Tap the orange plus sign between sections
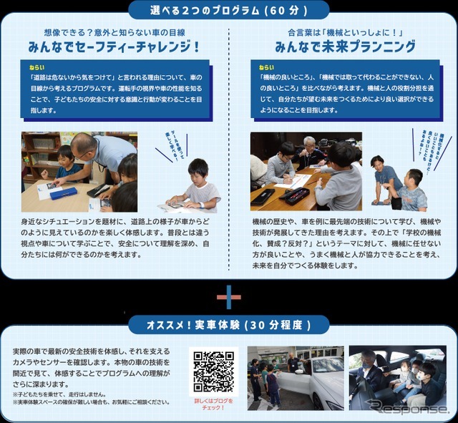229,296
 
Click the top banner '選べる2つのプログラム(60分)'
229,10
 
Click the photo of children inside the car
396,378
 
